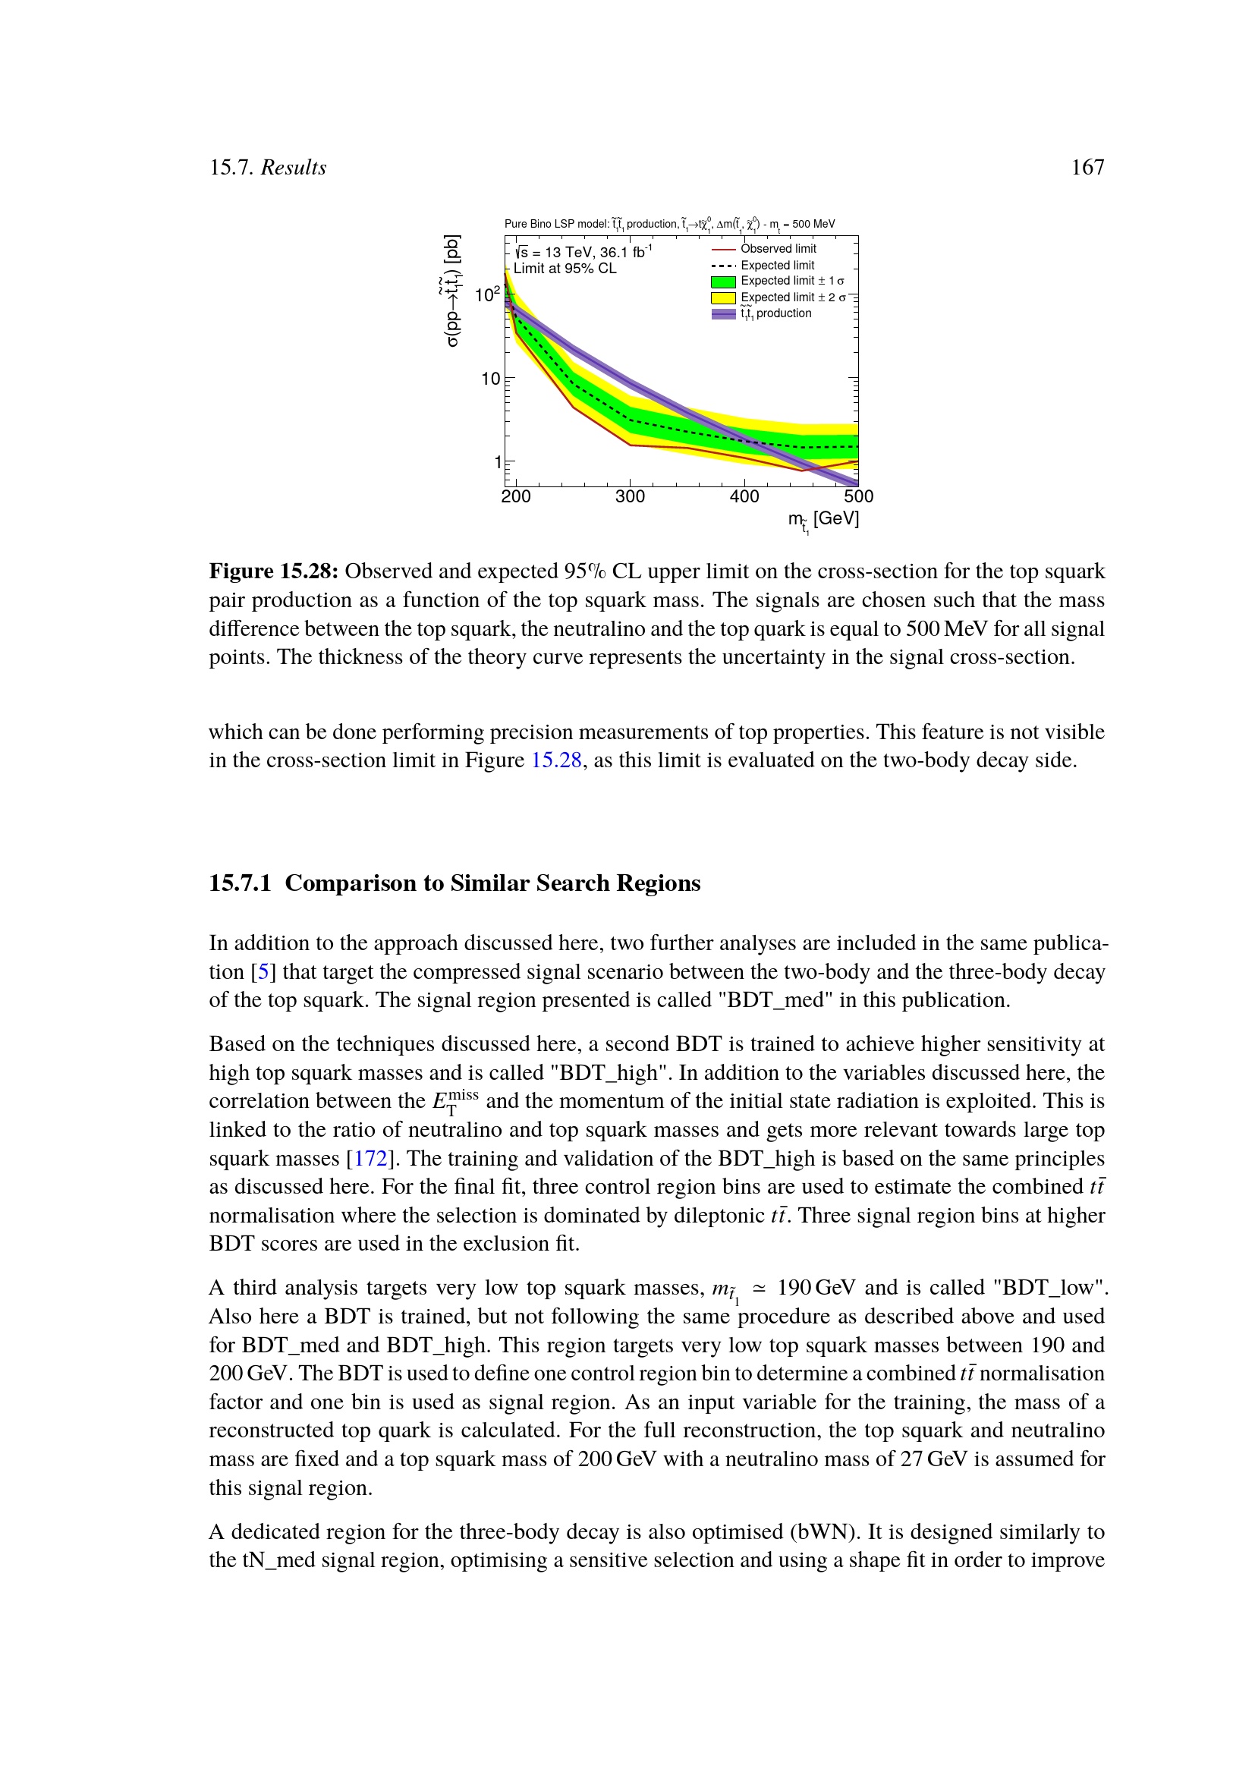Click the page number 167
(1087, 168)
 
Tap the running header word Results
(293, 168)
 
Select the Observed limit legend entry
(778, 249)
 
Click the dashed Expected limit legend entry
(778, 265)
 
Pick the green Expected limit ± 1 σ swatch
(723, 282)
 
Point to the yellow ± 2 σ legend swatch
(723, 297)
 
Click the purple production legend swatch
(723, 314)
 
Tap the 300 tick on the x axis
(630, 496)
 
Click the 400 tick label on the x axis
(744, 496)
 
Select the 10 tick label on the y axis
(491, 379)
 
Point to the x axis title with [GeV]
(824, 520)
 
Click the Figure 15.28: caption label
(274, 571)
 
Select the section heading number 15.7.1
(240, 883)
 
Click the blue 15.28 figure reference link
(555, 760)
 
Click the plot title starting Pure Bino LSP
(669, 224)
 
